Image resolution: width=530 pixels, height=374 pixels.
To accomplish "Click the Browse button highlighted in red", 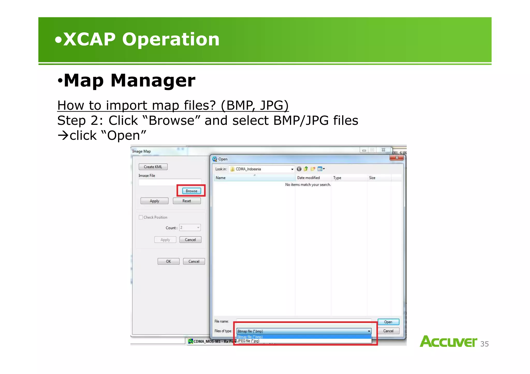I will (x=191, y=191).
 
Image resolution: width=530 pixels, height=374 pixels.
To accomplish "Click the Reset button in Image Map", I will (x=187, y=201).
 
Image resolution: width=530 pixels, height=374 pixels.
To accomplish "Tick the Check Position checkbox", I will (x=141, y=217).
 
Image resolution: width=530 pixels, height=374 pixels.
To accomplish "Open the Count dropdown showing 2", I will (x=198, y=227).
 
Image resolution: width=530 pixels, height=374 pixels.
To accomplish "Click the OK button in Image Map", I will (x=168, y=261).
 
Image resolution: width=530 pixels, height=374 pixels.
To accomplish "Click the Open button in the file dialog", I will (x=388, y=322).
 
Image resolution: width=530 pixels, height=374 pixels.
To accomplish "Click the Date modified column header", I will (x=308, y=178).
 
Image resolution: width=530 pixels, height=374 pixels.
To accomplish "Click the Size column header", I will (x=372, y=178).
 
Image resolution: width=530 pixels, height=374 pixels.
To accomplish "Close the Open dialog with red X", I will (x=396, y=158).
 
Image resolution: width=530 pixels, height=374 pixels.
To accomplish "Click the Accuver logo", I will (x=448, y=341).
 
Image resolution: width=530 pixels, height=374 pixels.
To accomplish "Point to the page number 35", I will (x=484, y=344).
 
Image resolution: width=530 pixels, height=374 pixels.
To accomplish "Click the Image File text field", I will (x=170, y=182).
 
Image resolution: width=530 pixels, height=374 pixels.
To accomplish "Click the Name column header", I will (x=221, y=178).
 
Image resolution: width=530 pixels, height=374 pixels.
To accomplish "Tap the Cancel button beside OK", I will (x=194, y=261).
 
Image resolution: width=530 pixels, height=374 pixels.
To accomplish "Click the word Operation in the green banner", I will (x=171, y=39).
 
